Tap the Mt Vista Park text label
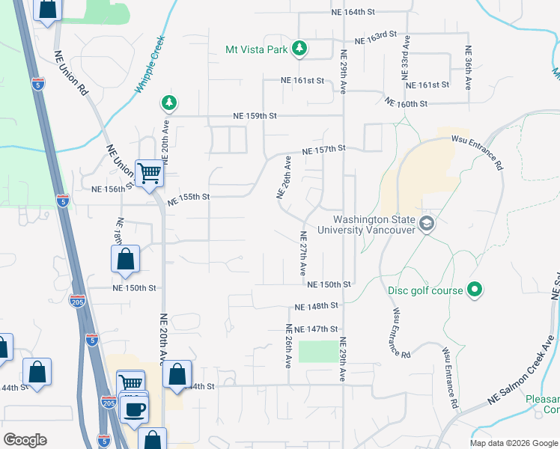click(x=256, y=50)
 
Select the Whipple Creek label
click(x=150, y=64)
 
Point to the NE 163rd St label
click(x=375, y=37)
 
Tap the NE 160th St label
click(x=406, y=103)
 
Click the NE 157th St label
click(x=323, y=150)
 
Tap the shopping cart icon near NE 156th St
click(x=149, y=174)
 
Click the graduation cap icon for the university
click(x=427, y=224)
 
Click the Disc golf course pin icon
click(x=474, y=289)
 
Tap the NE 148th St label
click(x=317, y=306)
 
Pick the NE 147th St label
click(x=317, y=329)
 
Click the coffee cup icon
click(x=135, y=409)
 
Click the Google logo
click(x=25, y=440)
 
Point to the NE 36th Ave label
click(x=469, y=69)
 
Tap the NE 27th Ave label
click(x=303, y=255)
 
